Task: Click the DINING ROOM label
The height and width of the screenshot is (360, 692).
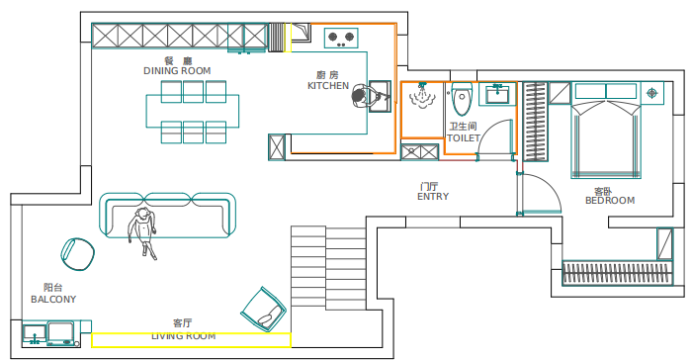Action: point(177,70)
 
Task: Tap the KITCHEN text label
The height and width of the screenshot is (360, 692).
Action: point(328,86)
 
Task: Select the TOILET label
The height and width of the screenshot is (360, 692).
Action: point(464,137)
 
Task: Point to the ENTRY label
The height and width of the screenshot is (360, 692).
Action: point(433,197)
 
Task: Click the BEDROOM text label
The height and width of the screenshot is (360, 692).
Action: point(610,201)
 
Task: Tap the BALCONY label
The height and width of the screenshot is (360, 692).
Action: point(53,299)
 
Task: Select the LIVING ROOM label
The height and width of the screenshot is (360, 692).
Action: point(184,336)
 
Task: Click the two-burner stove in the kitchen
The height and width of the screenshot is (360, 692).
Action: point(341,38)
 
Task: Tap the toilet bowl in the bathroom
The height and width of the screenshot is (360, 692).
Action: point(462,99)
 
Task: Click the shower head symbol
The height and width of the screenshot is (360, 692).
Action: point(422,96)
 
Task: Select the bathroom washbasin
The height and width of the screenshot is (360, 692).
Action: point(497,95)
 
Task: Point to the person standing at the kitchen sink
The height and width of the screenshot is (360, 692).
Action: point(365,96)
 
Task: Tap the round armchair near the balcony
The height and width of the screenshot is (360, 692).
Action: point(78,254)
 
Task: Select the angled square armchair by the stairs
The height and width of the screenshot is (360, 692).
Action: point(264,309)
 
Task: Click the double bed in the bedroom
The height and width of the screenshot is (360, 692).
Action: point(605,139)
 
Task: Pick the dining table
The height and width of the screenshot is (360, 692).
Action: point(193,112)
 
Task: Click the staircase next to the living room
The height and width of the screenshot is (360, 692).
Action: point(328,266)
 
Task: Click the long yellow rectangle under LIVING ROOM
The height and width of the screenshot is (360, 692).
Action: point(191,340)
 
